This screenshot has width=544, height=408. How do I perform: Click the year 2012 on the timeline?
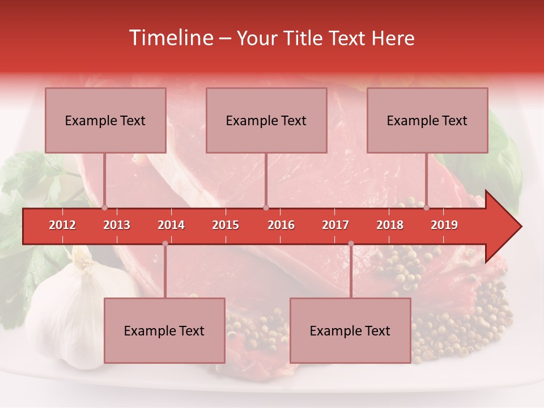click(62, 225)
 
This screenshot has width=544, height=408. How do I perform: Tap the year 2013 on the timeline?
click(117, 225)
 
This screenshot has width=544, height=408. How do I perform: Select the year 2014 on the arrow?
click(171, 225)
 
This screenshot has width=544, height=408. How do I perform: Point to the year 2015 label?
click(226, 225)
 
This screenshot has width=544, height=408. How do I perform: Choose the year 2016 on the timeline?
click(281, 225)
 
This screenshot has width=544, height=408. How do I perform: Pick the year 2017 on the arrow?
click(335, 225)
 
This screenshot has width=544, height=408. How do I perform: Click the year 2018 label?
click(390, 225)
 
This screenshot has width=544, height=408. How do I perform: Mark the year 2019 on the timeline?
click(444, 225)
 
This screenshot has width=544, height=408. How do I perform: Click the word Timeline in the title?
click(170, 38)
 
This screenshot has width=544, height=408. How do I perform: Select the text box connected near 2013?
click(105, 120)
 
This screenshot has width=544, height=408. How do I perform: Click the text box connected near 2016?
click(266, 120)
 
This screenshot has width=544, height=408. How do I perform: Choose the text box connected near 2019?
click(427, 120)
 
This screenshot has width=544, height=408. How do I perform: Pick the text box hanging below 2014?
click(164, 330)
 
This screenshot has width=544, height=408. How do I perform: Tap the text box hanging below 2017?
click(350, 330)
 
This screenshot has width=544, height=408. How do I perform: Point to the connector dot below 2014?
click(165, 244)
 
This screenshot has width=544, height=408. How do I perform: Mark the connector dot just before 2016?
click(266, 208)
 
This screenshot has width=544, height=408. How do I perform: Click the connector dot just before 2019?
click(427, 208)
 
